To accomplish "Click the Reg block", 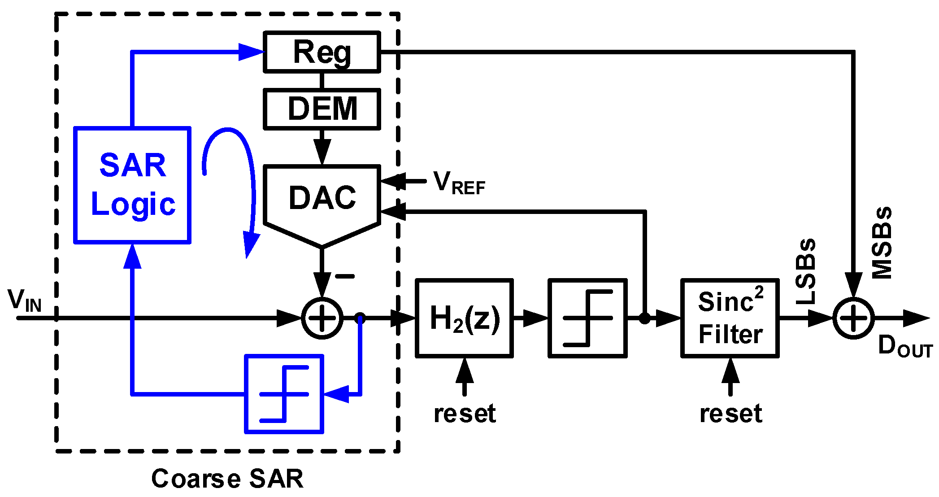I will pyautogui.click(x=322, y=52).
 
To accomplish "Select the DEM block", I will pyautogui.click(x=322, y=109).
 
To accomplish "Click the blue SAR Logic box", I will pyautogui.click(x=132, y=185).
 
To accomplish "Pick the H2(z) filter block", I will pyautogui.click(x=464, y=318).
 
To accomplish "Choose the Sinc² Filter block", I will pyautogui.click(x=730, y=318).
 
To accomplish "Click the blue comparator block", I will pyautogui.click(x=284, y=394).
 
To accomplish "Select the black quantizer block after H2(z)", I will pyautogui.click(x=587, y=318).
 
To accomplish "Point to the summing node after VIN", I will pyautogui.click(x=322, y=318).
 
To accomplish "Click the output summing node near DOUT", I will pyautogui.click(x=853, y=318).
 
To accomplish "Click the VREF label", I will pyautogui.click(x=459, y=183).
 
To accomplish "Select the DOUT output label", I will pyautogui.click(x=904, y=347).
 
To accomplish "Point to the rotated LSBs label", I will pyautogui.click(x=806, y=271).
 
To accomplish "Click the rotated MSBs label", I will pyautogui.click(x=882, y=243).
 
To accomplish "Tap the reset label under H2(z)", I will pyautogui.click(x=465, y=413).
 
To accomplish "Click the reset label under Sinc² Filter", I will pyautogui.click(x=730, y=413).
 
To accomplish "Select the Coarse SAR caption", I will pyautogui.click(x=227, y=479).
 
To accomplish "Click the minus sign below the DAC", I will pyautogui.click(x=345, y=276).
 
